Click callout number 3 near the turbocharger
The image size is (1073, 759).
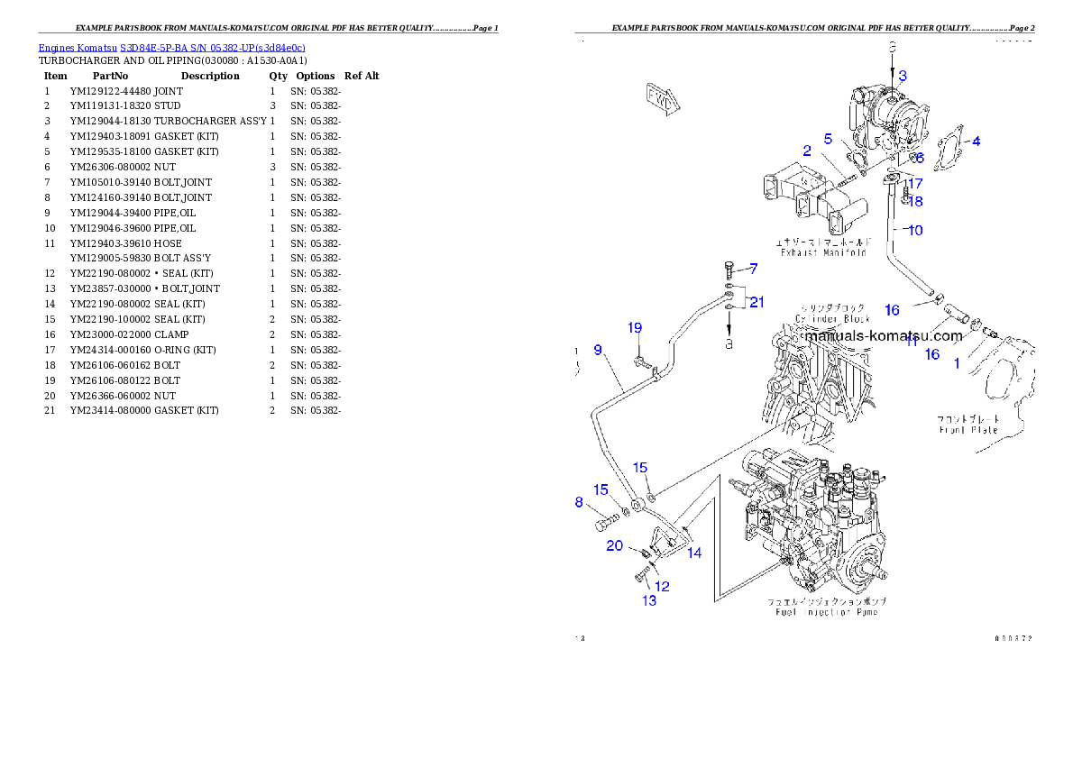[902, 76]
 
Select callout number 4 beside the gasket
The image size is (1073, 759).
[976, 142]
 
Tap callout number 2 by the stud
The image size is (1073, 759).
[807, 151]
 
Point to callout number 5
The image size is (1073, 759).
[828, 139]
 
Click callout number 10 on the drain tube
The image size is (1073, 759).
[915, 231]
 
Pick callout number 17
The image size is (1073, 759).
[915, 183]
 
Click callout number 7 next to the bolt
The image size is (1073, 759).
[753, 269]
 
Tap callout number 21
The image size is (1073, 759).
[757, 301]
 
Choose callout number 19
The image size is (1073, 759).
[635, 327]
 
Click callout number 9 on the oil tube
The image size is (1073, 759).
[598, 350]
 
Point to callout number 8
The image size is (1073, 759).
[579, 503]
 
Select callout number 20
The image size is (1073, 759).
[614, 545]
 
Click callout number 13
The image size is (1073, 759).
[649, 600]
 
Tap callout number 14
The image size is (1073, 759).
[694, 553]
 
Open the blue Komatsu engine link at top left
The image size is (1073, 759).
[171, 48]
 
